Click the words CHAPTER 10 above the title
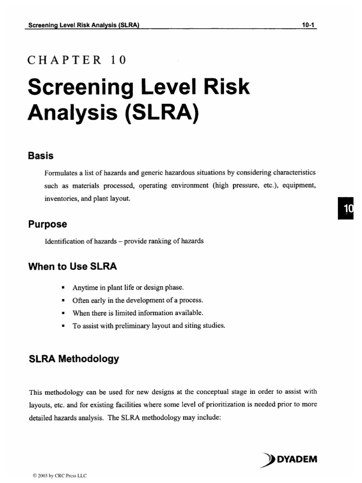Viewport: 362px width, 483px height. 77,60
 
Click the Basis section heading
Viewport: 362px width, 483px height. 41,156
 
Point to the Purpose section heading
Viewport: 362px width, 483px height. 48,225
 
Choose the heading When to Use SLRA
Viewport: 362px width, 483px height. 73,266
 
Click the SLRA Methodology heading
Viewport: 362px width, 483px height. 74,359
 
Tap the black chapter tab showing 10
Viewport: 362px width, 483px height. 346,209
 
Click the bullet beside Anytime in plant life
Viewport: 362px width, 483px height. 63,287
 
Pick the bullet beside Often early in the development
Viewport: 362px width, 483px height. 63,300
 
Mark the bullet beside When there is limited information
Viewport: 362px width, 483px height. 63,313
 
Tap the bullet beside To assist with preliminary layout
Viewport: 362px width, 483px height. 63,325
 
